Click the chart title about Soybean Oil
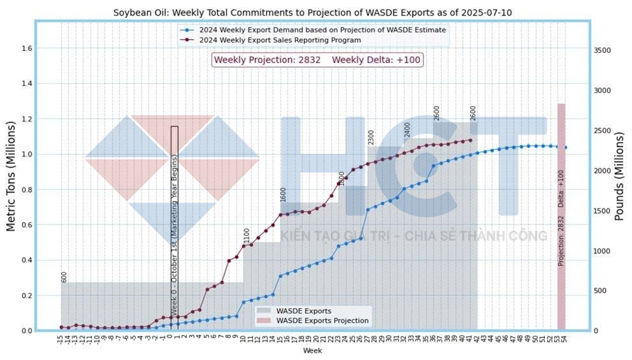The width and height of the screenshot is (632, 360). (312, 13)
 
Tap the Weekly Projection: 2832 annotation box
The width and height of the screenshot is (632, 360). (317, 60)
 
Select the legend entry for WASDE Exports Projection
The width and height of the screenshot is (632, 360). (322, 321)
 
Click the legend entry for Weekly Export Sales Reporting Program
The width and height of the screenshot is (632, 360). (280, 40)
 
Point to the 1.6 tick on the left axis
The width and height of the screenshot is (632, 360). (26, 49)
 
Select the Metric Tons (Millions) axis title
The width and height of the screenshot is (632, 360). (11, 176)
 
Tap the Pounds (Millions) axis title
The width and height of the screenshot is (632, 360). (619, 176)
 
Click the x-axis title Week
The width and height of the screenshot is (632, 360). (312, 351)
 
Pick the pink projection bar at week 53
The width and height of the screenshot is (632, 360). (561, 217)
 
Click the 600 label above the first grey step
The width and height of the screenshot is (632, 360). (64, 277)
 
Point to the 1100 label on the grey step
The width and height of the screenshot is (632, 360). (247, 236)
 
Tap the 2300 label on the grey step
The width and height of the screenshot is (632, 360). (371, 138)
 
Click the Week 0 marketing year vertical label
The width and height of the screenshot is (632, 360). (174, 233)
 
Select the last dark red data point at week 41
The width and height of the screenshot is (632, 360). (470, 140)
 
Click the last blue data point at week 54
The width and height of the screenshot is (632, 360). (565, 148)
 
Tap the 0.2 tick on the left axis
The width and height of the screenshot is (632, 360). (26, 296)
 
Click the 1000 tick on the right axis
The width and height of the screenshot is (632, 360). (602, 251)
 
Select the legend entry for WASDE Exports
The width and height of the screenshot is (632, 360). (303, 311)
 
